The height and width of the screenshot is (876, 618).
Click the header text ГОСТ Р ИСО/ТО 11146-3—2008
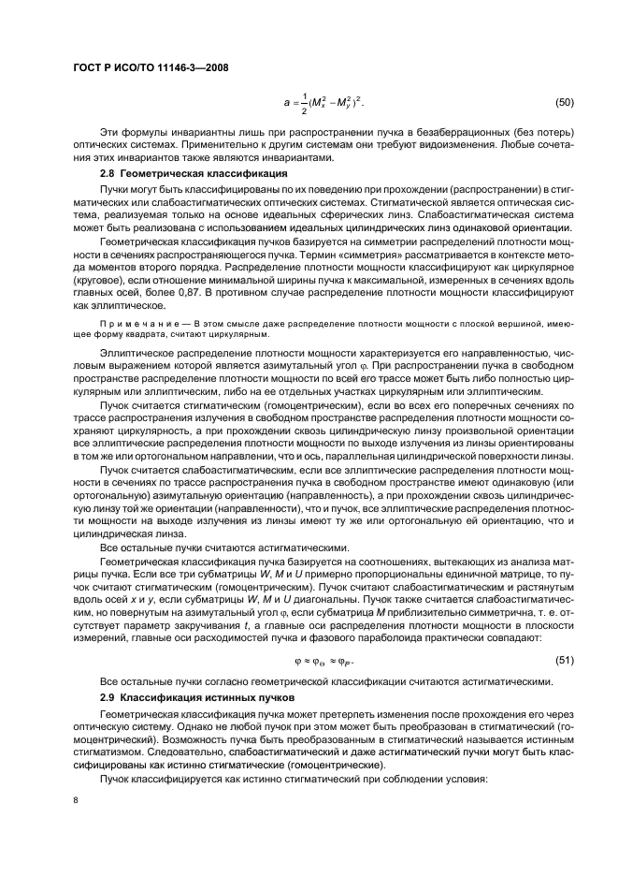click(x=151, y=68)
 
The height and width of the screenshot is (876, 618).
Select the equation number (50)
click(x=565, y=101)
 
